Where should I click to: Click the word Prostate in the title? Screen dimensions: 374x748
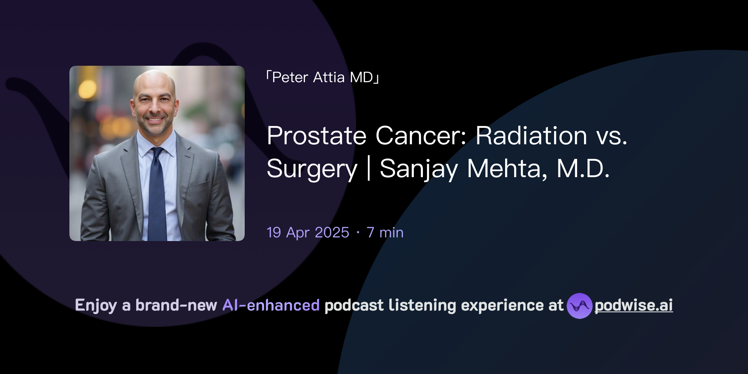pyautogui.click(x=316, y=136)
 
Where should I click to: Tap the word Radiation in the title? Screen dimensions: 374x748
pyautogui.click(x=531, y=136)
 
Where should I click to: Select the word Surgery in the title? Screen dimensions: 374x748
pyautogui.click(x=312, y=169)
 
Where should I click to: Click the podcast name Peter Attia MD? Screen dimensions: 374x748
pyautogui.click(x=323, y=77)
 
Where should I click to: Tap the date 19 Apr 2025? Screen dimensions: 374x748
pyautogui.click(x=308, y=233)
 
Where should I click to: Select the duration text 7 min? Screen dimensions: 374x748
pyautogui.click(x=385, y=233)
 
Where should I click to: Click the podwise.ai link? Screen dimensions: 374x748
pyautogui.click(x=633, y=305)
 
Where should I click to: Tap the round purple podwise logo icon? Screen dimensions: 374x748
pyautogui.click(x=579, y=306)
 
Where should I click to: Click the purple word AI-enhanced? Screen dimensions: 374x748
pyautogui.click(x=271, y=305)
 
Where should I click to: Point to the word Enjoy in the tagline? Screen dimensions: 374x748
pyautogui.click(x=96, y=305)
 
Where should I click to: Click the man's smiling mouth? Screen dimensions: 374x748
pyautogui.click(x=155, y=119)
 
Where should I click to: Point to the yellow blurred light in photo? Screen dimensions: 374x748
pyautogui.click(x=87, y=89)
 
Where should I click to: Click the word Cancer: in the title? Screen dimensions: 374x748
pyautogui.click(x=421, y=136)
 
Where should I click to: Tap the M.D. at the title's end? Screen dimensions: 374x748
pyautogui.click(x=583, y=169)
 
